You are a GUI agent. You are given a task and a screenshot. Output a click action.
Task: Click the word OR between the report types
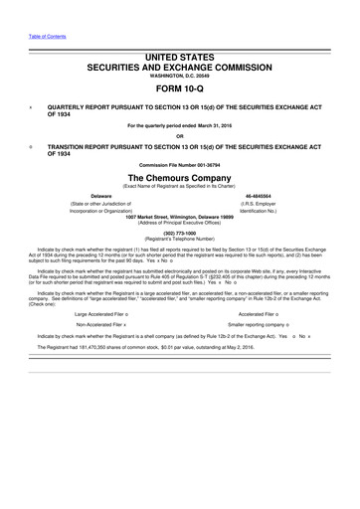[x=180, y=136]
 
